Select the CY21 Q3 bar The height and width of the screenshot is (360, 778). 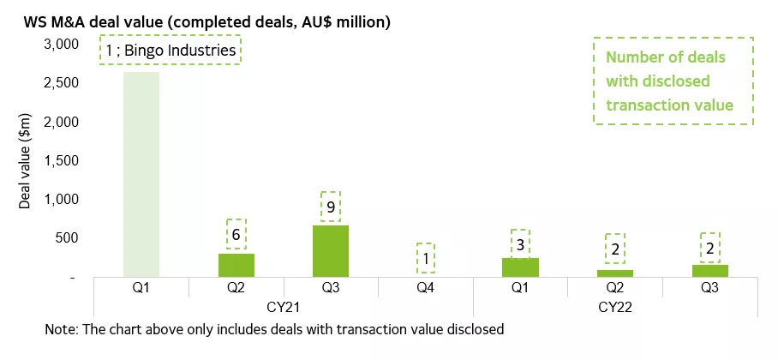(x=330, y=251)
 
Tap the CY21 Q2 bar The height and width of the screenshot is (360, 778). (x=236, y=265)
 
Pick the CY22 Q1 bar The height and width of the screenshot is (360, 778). (x=520, y=267)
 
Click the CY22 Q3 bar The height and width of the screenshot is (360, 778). (x=709, y=271)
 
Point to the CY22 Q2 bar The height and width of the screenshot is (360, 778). (x=615, y=273)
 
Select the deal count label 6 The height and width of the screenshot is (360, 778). (x=236, y=233)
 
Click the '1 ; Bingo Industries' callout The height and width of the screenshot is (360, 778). (x=171, y=51)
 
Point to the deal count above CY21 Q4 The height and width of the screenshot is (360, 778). (x=425, y=257)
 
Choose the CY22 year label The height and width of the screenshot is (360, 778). (x=615, y=306)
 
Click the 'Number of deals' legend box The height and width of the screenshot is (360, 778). (x=673, y=81)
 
